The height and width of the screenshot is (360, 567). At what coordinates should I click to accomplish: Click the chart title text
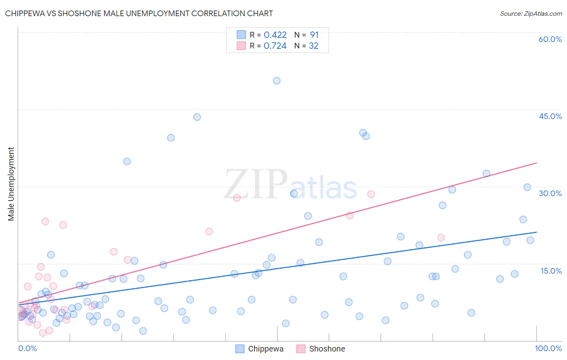(x=139, y=13)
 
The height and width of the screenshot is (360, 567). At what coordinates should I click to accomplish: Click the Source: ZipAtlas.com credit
(x=531, y=13)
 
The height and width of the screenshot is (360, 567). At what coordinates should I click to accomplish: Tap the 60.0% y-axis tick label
(x=550, y=39)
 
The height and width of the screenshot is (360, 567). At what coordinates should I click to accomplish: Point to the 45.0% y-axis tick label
(x=550, y=116)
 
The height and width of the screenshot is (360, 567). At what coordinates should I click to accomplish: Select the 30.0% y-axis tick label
(x=550, y=193)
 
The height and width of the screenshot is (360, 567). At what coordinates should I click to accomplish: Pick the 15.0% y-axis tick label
(x=551, y=271)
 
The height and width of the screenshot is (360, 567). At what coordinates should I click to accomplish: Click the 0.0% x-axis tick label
(x=27, y=349)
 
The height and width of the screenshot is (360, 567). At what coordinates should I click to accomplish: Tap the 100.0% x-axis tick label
(x=548, y=349)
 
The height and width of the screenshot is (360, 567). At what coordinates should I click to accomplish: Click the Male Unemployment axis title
(x=11, y=184)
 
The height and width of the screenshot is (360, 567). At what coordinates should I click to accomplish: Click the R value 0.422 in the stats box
(x=275, y=35)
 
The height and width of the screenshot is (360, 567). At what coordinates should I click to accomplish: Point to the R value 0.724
(x=275, y=46)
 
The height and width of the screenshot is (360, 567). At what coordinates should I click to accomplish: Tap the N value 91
(x=314, y=35)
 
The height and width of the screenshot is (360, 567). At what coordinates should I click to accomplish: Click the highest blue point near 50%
(x=277, y=81)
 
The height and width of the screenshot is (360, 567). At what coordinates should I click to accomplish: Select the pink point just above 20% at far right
(x=441, y=238)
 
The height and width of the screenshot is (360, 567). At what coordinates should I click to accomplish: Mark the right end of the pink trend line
(x=536, y=163)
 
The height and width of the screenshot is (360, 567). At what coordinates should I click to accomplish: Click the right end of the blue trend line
(x=536, y=232)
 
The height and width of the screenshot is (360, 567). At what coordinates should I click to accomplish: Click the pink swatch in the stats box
(x=241, y=46)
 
